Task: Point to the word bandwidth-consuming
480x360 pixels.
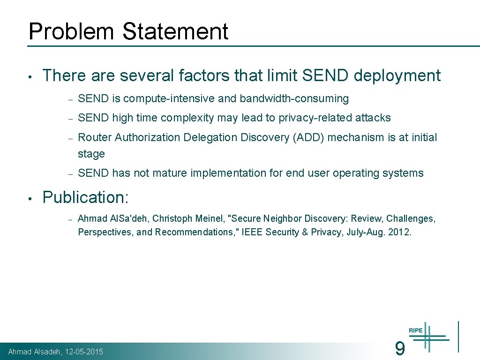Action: click(x=294, y=99)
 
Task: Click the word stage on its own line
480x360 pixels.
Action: click(x=91, y=154)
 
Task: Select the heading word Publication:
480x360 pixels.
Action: click(x=85, y=197)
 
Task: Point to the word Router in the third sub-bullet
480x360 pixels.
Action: click(x=95, y=137)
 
